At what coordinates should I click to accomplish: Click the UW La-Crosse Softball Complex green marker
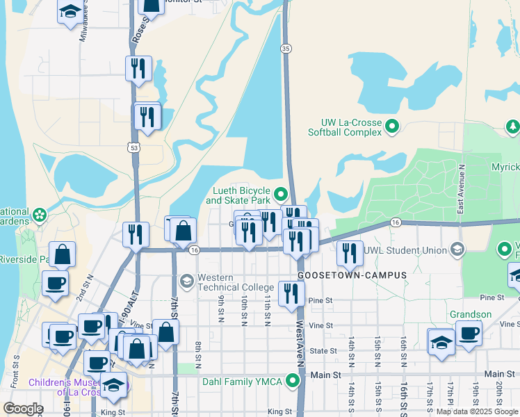[x=392, y=126]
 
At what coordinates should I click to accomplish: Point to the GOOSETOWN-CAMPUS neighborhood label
[x=352, y=275]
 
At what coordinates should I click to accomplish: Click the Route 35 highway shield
[x=286, y=48]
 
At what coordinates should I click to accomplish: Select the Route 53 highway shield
[x=133, y=147]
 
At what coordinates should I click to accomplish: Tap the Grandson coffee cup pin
[x=469, y=332]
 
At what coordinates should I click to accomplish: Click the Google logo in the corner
[x=23, y=409]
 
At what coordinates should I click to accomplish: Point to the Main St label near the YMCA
[x=329, y=375]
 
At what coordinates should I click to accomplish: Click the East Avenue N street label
[x=460, y=189]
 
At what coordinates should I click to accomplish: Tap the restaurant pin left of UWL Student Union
[x=350, y=252]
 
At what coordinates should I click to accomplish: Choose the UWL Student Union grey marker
[x=457, y=248]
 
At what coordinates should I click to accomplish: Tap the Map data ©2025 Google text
[x=477, y=411]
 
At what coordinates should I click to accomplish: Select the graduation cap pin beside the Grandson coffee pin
[x=441, y=342]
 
